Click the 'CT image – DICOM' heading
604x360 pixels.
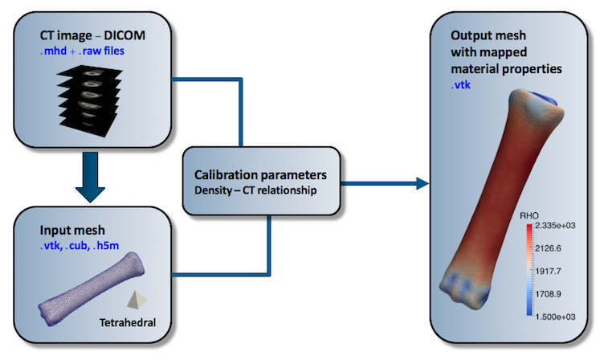[92, 35]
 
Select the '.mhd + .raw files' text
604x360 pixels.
[82, 51]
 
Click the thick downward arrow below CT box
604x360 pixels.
[90, 177]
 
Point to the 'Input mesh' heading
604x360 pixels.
[72, 230]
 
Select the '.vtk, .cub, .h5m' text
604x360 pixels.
[80, 246]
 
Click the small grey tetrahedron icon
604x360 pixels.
[137, 300]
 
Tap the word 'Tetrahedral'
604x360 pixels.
[128, 322]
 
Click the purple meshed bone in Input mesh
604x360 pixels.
[92, 288]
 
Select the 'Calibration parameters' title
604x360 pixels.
[260, 175]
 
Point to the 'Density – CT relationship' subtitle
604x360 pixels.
[255, 190]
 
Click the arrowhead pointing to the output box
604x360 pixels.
[422, 183]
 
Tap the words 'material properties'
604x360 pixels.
[506, 69]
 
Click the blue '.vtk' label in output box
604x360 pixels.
[461, 85]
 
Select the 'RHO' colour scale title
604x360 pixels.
[529, 216]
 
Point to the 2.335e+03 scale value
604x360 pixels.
[555, 226]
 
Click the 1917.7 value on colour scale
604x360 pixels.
[548, 272]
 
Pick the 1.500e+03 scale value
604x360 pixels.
[555, 317]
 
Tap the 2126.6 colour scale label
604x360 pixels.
[548, 248]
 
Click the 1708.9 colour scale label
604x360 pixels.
[548, 294]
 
